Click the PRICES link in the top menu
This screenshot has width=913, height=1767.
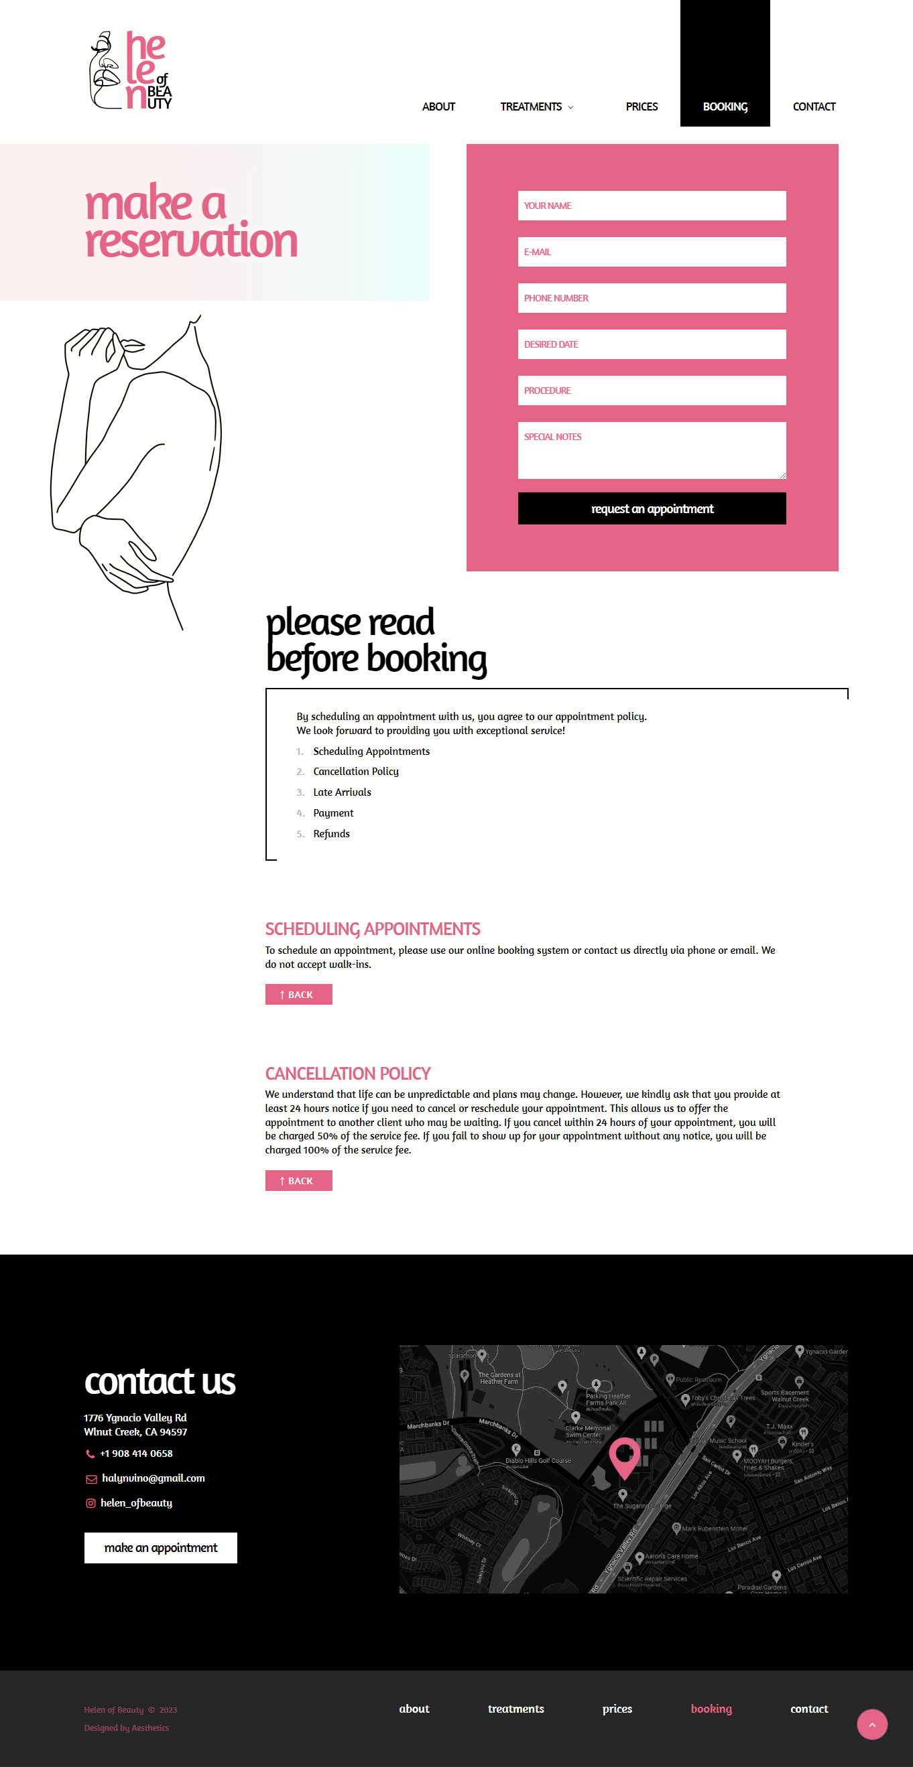tap(641, 107)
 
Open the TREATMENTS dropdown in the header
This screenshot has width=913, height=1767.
tap(536, 107)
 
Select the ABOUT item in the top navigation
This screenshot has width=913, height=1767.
tap(438, 107)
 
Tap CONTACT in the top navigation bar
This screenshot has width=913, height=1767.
tap(814, 107)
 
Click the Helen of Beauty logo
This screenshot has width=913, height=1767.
tap(131, 70)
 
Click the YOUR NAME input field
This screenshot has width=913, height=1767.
tap(652, 206)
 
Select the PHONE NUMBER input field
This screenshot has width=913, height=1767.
tap(652, 298)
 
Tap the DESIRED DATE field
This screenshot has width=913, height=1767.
tap(652, 344)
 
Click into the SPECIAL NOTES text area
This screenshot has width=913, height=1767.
tap(652, 450)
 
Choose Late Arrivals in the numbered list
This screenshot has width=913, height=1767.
tap(342, 792)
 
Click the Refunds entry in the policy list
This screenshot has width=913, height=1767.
tap(331, 834)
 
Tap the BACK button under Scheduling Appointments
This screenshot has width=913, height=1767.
tap(298, 995)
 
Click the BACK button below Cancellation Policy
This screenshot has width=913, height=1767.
tap(298, 1180)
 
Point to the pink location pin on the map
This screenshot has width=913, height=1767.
tap(625, 1455)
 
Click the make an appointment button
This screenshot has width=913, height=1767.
tap(161, 1547)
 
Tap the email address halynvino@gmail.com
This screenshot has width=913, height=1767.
tap(153, 1478)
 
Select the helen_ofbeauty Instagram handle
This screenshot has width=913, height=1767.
tap(136, 1503)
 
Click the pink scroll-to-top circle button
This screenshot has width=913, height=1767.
tap(872, 1725)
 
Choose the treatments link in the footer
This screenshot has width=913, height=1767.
tap(515, 1709)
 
